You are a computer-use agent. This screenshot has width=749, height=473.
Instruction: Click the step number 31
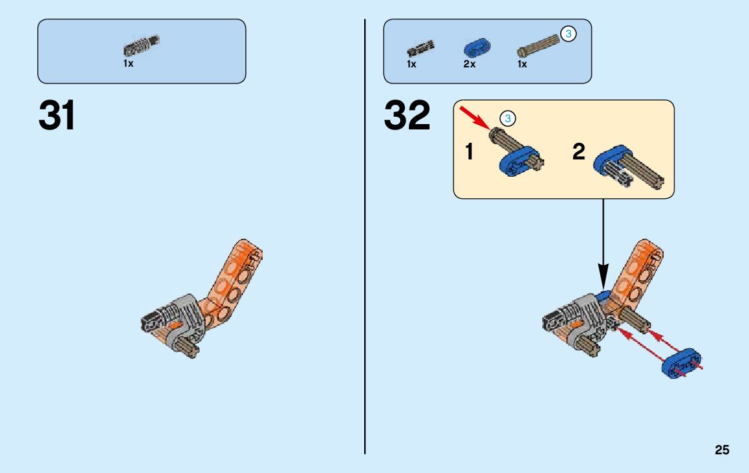tap(57, 116)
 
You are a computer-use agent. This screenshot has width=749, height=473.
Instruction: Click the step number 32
tap(407, 116)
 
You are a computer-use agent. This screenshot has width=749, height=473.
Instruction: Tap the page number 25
tap(722, 450)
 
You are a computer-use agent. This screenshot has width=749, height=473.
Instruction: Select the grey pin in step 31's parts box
tap(141, 46)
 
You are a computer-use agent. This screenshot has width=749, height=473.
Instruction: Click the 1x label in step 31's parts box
tap(128, 64)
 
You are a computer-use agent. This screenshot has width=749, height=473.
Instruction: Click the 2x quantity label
tap(469, 65)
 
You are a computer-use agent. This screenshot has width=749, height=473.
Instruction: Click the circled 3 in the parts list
tap(568, 33)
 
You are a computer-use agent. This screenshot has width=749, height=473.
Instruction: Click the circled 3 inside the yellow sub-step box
tap(507, 119)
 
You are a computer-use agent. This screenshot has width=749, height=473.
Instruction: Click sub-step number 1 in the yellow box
tap(470, 152)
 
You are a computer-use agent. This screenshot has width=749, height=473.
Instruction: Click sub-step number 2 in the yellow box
tap(579, 152)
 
